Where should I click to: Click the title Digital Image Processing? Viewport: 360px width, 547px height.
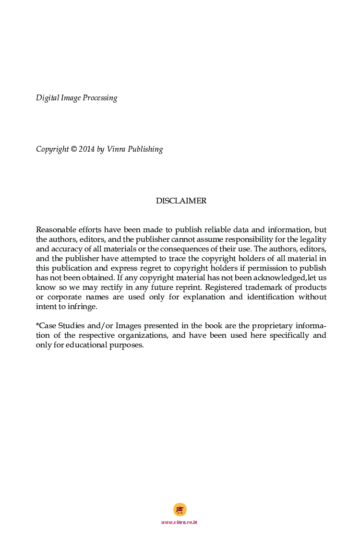point(76,98)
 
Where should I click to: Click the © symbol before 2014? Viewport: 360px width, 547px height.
point(74,149)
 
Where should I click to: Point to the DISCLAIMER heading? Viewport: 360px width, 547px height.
point(181,201)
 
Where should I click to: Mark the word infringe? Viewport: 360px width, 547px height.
point(82,307)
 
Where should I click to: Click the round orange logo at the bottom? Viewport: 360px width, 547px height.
point(180,510)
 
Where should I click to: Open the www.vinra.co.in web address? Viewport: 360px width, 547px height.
point(180,522)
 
